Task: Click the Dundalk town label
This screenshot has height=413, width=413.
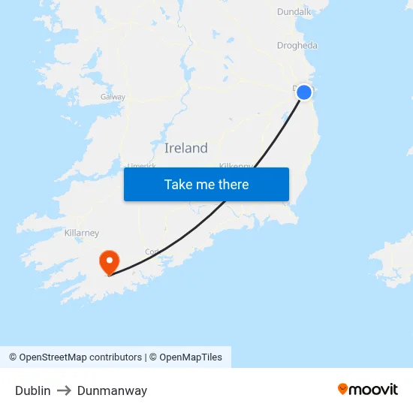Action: coord(294,11)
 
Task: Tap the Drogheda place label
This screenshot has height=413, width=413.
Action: coord(297,45)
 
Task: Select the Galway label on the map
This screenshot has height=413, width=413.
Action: coord(113,97)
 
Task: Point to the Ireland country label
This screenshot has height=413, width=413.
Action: coord(185,148)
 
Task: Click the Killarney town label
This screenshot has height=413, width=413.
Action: coord(82,233)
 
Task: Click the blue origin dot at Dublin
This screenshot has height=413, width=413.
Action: coord(304,92)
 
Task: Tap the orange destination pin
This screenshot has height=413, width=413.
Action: coord(110,261)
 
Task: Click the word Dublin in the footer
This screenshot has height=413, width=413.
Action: coord(33,390)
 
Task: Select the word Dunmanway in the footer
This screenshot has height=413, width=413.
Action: coord(112,390)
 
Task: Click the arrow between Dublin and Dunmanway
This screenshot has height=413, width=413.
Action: coord(64,390)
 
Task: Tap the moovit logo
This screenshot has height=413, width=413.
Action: coord(367,389)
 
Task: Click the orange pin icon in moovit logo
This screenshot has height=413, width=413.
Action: coord(343,389)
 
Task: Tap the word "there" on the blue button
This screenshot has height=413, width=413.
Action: coord(233,184)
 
